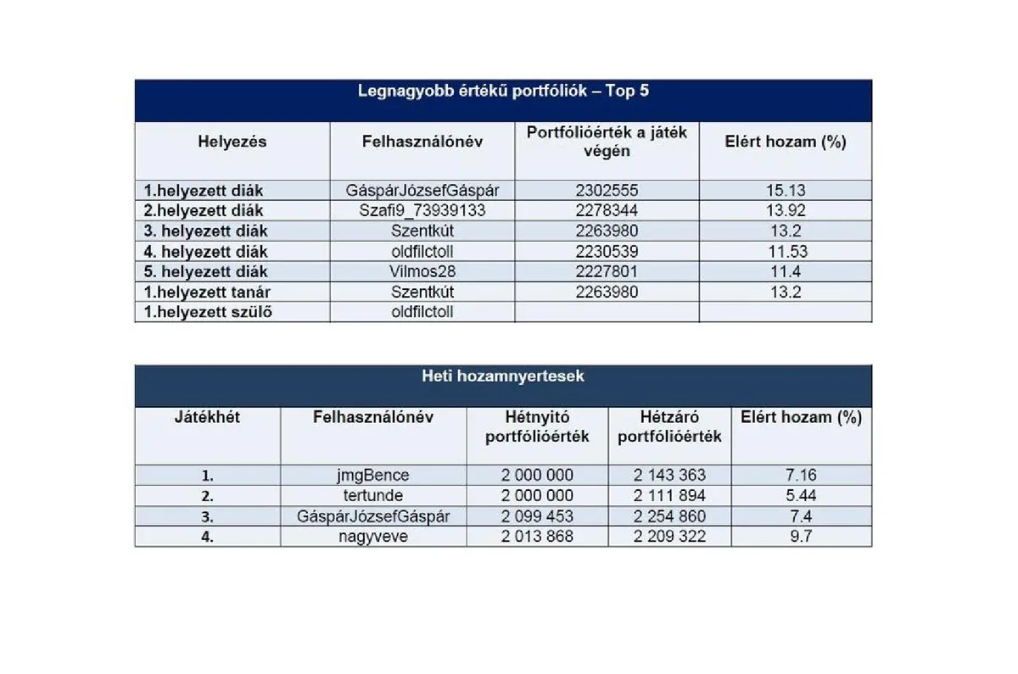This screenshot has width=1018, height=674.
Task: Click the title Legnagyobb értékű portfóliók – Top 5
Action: pos(503,91)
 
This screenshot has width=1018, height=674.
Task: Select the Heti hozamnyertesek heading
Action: pos(503,376)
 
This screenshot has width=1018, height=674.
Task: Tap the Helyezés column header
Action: pos(232,142)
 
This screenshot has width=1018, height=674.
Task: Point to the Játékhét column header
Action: pos(207,417)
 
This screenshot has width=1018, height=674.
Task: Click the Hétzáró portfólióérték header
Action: pos(669,426)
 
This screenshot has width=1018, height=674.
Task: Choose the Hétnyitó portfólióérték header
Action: pos(537,426)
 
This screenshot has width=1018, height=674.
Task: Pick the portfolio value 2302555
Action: pos(607,191)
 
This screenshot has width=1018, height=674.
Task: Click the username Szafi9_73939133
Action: pos(422,210)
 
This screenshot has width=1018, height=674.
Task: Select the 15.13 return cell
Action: pos(786,191)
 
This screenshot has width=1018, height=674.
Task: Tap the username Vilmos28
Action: pos(422,271)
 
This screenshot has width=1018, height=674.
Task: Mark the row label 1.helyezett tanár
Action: pos(208,292)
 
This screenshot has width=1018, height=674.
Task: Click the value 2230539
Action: pos(607,251)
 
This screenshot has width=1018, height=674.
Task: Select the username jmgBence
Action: pos(373,476)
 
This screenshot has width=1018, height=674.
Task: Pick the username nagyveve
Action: pos(373,537)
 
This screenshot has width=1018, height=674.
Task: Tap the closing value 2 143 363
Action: pos(669,476)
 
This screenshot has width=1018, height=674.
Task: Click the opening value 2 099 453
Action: pos(537,516)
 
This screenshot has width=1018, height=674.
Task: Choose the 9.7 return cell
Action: pos(801,537)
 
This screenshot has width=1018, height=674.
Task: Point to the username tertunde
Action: pos(373,496)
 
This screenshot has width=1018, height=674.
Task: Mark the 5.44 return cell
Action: pos(801,496)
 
